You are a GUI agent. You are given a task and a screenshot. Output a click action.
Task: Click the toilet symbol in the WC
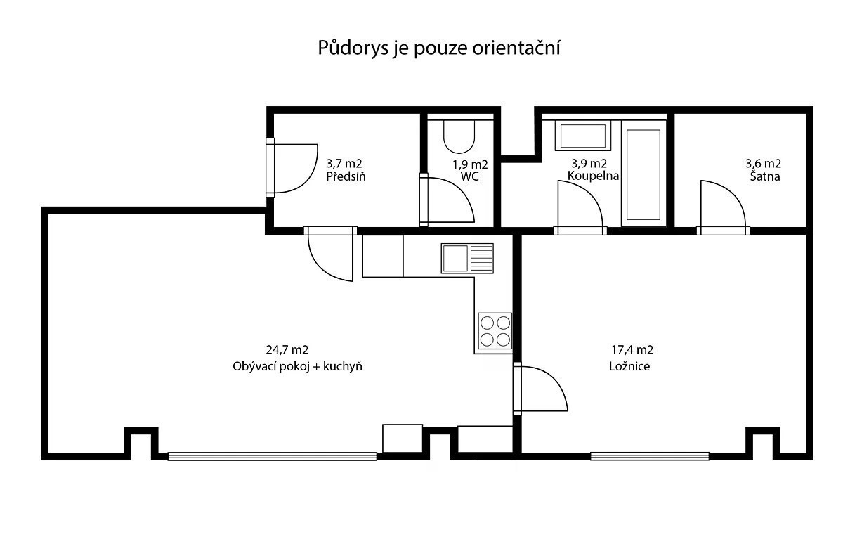tap(459, 136)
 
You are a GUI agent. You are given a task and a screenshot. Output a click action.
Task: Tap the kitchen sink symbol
tap(467, 259)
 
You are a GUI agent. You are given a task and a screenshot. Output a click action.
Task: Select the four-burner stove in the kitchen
tap(495, 331)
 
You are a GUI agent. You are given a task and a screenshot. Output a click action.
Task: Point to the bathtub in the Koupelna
tap(643, 175)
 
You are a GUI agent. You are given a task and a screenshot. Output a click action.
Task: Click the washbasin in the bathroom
tap(582, 136)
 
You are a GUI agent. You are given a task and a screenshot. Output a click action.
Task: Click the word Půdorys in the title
tap(353, 48)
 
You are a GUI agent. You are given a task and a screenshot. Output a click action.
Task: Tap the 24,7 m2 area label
tap(287, 350)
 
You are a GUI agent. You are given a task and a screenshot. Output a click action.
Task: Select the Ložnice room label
tap(629, 366)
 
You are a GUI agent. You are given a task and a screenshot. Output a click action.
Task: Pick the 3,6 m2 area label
tap(763, 164)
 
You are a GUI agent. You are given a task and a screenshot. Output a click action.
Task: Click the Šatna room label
tap(765, 176)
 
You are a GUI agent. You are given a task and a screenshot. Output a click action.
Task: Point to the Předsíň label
tap(346, 176)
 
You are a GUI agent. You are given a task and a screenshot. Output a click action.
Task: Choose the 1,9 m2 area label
tap(470, 164)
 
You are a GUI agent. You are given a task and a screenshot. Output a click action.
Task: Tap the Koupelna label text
tap(593, 176)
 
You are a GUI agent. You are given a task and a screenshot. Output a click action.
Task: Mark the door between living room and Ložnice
tap(540, 389)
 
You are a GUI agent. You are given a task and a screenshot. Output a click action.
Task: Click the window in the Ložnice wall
tap(650, 456)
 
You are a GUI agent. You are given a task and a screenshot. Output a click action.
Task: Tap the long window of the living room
tap(273, 456)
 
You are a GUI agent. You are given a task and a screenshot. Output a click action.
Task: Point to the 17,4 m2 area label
tap(632, 350)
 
